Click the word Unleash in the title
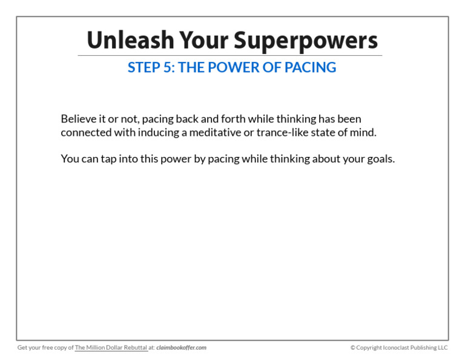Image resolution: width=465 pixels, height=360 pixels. (131, 40)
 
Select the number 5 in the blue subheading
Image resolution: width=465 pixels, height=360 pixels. (167, 67)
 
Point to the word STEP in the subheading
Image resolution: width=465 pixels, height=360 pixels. (144, 67)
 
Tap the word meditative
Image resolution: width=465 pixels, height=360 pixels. (215, 132)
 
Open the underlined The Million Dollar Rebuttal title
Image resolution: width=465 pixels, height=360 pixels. (111, 347)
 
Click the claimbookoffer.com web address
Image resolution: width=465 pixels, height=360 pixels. (181, 347)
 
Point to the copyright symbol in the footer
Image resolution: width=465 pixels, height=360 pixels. (352, 347)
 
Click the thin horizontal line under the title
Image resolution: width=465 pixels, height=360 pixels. (230, 55)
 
